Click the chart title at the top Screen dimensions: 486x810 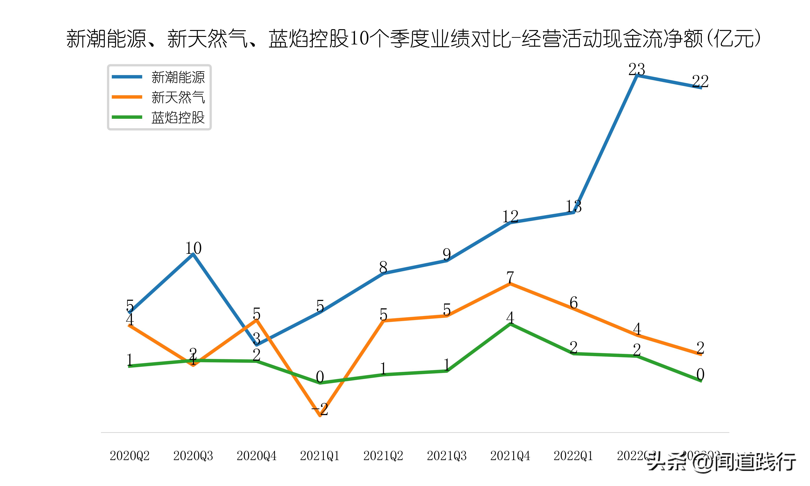(x=413, y=39)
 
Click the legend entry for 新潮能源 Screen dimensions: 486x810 (x=178, y=77)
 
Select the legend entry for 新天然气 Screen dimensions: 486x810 (x=178, y=97)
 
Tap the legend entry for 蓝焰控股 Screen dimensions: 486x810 (x=178, y=117)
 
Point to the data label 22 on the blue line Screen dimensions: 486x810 (x=700, y=81)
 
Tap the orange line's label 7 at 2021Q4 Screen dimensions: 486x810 (x=510, y=277)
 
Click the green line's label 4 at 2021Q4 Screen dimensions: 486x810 (x=510, y=318)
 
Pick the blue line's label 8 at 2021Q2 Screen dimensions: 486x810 (x=383, y=267)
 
